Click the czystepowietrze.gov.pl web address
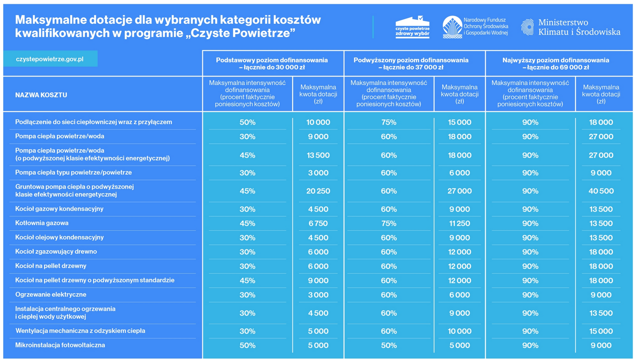point(50,59)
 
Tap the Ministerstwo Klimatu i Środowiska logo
point(571,27)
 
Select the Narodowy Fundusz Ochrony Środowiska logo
point(475,27)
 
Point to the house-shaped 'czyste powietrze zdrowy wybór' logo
point(412,27)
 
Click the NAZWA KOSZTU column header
point(41,95)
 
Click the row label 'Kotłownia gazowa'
point(42,223)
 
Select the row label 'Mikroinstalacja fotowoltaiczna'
point(60,345)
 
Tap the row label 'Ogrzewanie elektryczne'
point(51,295)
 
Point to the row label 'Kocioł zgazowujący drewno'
point(56,252)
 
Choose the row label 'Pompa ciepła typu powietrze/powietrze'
point(73,172)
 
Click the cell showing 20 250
point(318,191)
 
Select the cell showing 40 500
point(601,191)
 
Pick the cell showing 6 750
point(318,223)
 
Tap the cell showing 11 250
point(459,223)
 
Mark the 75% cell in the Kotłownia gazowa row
point(389,223)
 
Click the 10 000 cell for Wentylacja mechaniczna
point(459,331)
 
